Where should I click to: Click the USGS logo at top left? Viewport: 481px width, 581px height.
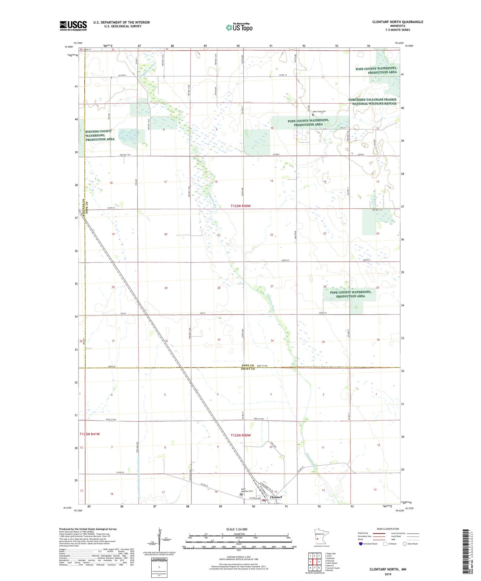73,26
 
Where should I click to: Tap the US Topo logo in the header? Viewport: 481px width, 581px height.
239,28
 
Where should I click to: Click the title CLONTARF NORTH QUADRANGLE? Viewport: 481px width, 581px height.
397,22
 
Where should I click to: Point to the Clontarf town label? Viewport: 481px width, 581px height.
276,497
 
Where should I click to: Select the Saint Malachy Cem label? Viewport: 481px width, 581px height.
247,490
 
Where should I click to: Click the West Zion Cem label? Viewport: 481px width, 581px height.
319,112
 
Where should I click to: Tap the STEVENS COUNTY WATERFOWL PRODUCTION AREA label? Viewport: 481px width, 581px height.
99,135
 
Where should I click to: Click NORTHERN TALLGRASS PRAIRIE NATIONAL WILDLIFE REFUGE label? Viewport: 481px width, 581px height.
372,102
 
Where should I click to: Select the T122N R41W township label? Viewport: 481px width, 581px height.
90,434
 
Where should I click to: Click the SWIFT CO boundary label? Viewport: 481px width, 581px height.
248,369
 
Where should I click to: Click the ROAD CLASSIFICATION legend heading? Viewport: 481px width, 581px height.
388,529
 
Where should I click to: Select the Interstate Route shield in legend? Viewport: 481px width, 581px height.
360,544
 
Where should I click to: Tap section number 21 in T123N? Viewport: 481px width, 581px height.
219,235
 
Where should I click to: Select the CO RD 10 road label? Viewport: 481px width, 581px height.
283,75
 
